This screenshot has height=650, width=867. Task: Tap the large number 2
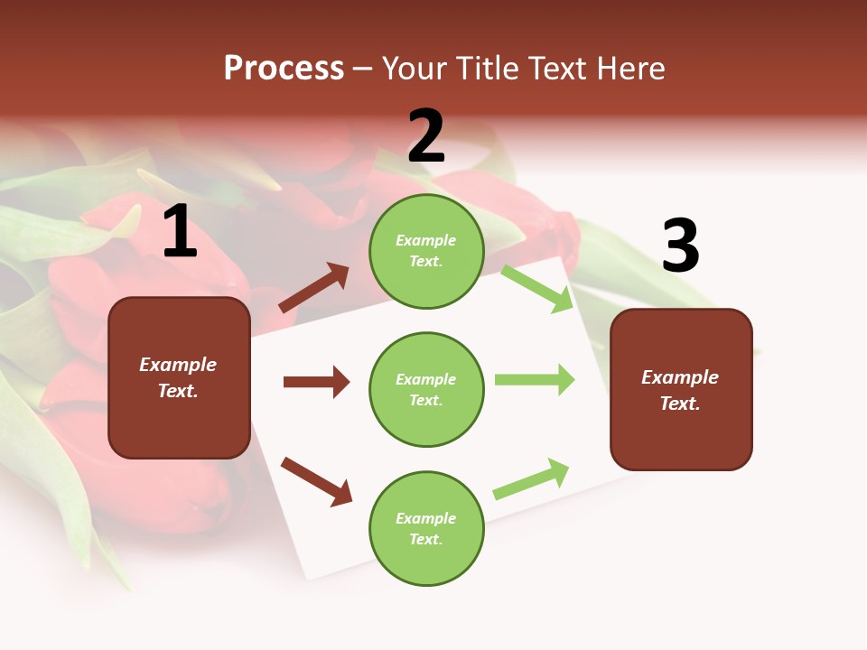pyautogui.click(x=426, y=136)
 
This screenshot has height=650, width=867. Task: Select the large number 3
pyautogui.click(x=680, y=246)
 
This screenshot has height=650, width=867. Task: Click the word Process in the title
pyautogui.click(x=284, y=68)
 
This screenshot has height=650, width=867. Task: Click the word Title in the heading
pyautogui.click(x=488, y=68)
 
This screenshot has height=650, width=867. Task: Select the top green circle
pyautogui.click(x=426, y=251)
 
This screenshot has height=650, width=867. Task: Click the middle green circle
pyautogui.click(x=426, y=389)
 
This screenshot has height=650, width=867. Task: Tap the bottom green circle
pyautogui.click(x=426, y=528)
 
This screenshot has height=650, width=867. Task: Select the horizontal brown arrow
pyautogui.click(x=316, y=382)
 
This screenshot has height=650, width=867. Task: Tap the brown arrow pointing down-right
pyautogui.click(x=316, y=481)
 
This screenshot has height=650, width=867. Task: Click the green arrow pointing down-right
pyautogui.click(x=537, y=288)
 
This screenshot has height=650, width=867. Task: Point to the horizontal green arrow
pyautogui.click(x=535, y=379)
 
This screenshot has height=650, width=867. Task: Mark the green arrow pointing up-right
pyautogui.click(x=532, y=478)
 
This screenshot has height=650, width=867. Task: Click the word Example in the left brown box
pyautogui.click(x=178, y=365)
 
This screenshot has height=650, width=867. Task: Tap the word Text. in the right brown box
pyautogui.click(x=680, y=404)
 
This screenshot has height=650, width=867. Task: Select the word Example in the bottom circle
pyautogui.click(x=426, y=518)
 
